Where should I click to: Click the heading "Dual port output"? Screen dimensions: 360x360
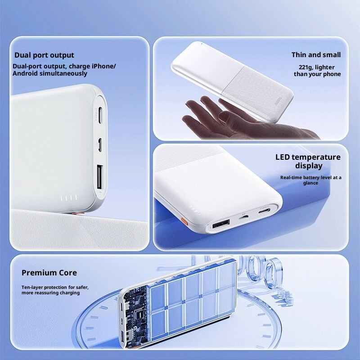point(44,55)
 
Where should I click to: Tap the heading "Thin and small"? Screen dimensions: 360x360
point(316,55)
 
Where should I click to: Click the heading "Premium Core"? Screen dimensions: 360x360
point(49,273)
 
